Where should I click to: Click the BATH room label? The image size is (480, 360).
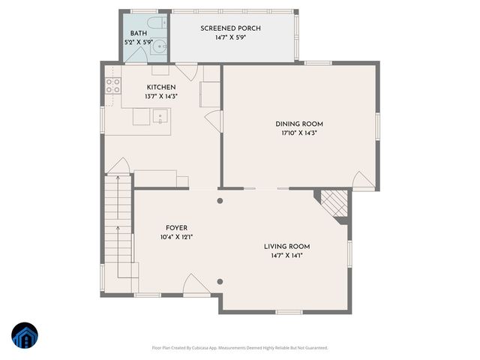click(x=139, y=34)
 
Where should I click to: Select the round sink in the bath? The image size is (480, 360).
click(x=155, y=47)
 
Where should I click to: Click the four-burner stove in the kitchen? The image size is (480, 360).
click(x=113, y=85)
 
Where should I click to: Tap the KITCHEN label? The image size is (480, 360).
click(x=160, y=87)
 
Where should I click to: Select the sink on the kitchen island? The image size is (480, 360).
click(x=159, y=116)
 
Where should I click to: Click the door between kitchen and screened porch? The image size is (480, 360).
click(x=190, y=73)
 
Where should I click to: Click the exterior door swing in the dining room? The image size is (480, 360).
click(x=361, y=180)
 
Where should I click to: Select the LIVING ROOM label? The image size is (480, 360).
click(x=286, y=246)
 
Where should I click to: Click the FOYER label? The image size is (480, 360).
click(x=176, y=227)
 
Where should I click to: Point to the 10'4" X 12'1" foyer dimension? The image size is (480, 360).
click(x=176, y=237)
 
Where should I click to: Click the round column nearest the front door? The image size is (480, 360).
click(x=220, y=281)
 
